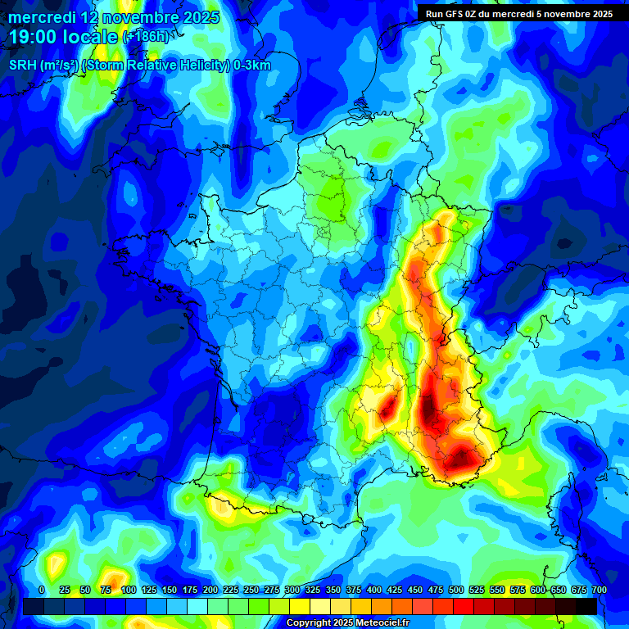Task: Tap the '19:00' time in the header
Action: [36, 37]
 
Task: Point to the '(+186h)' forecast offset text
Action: [146, 37]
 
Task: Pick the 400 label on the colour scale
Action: [373, 590]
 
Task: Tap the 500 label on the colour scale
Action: [456, 590]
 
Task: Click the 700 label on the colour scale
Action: [599, 590]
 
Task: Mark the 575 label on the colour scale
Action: [518, 590]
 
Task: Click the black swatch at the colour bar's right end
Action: [586, 606]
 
